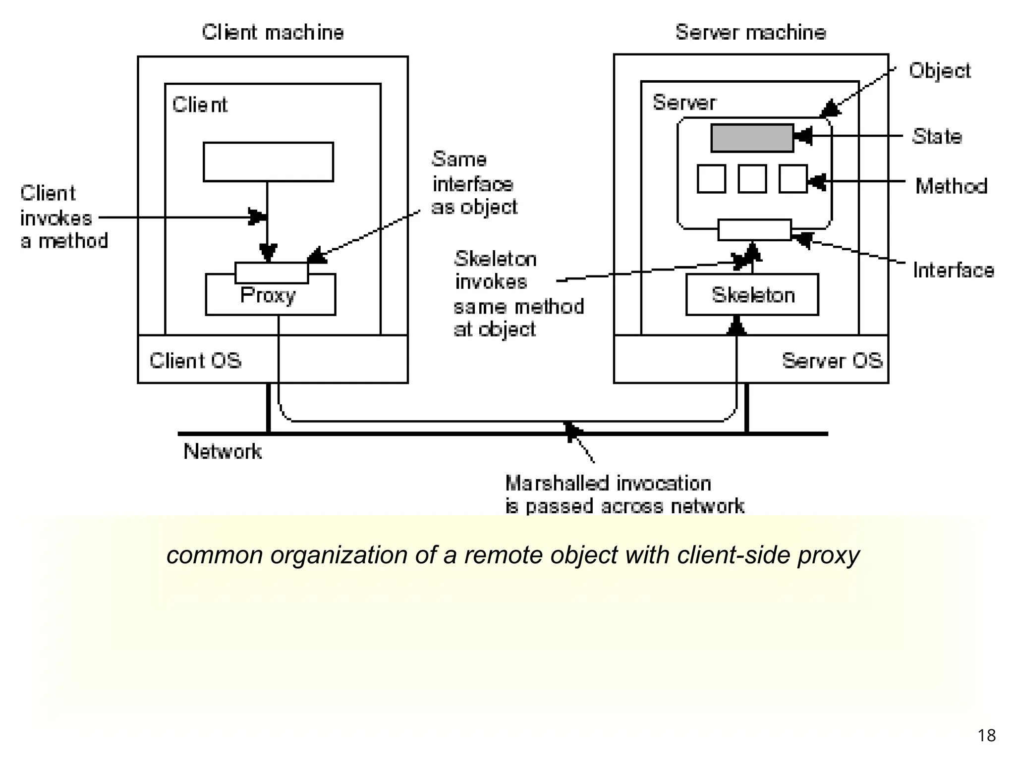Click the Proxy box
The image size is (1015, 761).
tap(270, 298)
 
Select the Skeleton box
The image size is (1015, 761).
tap(752, 295)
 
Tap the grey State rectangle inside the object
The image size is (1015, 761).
tap(752, 138)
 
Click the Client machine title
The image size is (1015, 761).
tap(273, 33)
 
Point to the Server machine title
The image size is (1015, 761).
tap(750, 33)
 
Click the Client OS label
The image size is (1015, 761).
tap(195, 361)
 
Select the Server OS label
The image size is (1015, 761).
tap(832, 361)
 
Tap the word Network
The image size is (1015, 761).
tap(223, 451)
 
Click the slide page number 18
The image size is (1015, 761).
tap(986, 735)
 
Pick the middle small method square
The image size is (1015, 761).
tap(752, 179)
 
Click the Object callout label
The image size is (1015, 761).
tap(939, 71)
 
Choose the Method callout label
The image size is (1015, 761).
tap(951, 186)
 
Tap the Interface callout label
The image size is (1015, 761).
tap(953, 271)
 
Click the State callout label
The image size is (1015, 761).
tap(937, 136)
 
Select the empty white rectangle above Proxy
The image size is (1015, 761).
tap(268, 162)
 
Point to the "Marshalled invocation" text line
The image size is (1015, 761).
tap(608, 483)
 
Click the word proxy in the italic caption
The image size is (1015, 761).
tap(828, 555)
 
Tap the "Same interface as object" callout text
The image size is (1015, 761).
tap(474, 183)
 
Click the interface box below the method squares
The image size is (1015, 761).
tap(754, 230)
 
